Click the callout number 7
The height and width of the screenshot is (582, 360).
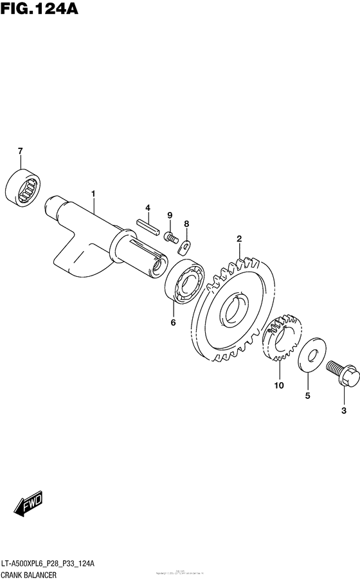[20, 151]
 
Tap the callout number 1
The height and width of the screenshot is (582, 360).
[93, 193]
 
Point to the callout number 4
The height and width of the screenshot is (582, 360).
[147, 207]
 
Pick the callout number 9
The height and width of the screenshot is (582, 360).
[170, 215]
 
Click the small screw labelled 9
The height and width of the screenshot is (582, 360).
[171, 236]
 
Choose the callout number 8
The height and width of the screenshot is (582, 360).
[186, 224]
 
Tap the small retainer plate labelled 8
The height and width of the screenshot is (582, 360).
[186, 243]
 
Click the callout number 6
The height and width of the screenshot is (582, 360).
[173, 322]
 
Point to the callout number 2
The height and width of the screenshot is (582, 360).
[239, 239]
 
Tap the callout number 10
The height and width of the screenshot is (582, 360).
[280, 385]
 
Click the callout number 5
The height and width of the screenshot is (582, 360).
[307, 396]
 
